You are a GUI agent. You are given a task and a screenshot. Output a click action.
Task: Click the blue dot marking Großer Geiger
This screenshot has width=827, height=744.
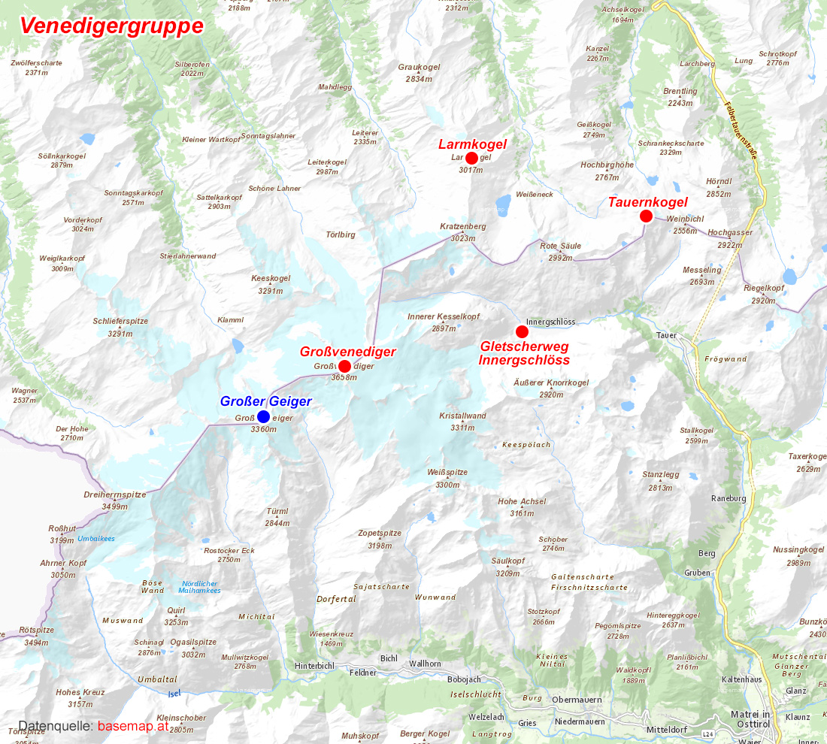[x=263, y=416]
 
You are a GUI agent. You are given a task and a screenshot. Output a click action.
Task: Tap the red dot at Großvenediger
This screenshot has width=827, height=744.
[x=344, y=366]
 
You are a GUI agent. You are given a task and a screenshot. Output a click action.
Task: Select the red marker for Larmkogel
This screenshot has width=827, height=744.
[x=471, y=158]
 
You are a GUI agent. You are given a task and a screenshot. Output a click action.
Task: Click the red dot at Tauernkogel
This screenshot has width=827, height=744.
[x=646, y=216]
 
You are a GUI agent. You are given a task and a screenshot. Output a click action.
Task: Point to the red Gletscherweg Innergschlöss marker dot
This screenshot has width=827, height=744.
[x=522, y=331]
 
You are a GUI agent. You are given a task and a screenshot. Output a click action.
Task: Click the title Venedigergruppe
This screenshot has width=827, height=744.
[x=111, y=26]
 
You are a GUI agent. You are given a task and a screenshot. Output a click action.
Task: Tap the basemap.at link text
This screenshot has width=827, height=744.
[x=132, y=726]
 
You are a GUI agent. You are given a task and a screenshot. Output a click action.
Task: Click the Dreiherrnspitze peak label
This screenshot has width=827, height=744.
[x=114, y=495]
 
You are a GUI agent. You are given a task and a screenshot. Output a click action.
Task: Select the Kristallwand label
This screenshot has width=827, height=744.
[x=462, y=416]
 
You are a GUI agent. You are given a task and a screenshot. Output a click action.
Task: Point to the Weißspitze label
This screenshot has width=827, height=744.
[x=447, y=472]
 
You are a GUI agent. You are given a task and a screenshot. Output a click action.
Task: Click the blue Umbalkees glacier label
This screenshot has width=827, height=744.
[x=95, y=538]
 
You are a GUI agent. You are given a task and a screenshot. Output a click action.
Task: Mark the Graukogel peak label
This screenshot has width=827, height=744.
[x=419, y=67]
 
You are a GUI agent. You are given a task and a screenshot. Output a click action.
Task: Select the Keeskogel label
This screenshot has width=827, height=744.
[x=271, y=278]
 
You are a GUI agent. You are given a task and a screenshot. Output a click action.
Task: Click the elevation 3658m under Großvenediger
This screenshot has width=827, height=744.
[x=344, y=377]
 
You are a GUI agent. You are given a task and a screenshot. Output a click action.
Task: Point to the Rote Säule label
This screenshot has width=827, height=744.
[x=560, y=246]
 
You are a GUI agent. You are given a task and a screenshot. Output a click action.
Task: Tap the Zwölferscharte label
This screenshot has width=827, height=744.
[x=36, y=63]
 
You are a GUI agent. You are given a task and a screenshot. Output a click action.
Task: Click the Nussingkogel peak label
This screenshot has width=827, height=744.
[x=798, y=549]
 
